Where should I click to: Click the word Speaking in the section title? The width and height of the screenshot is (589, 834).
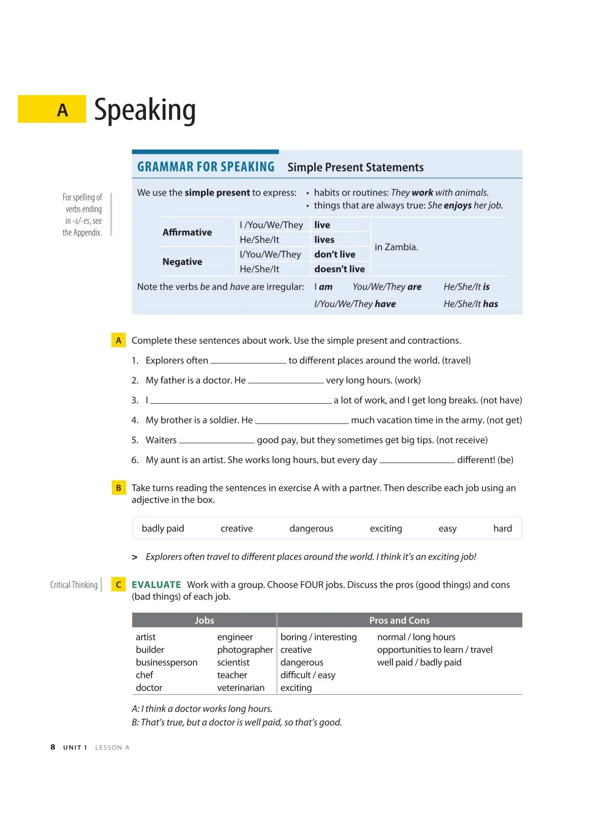(x=145, y=110)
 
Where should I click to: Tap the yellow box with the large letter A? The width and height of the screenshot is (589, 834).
(x=52, y=109)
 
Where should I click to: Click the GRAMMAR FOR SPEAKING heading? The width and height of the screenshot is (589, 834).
(x=205, y=167)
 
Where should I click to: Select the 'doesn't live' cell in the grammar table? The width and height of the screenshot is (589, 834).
(x=340, y=269)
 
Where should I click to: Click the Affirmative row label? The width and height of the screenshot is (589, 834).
(x=187, y=232)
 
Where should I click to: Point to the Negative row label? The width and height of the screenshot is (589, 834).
(x=182, y=262)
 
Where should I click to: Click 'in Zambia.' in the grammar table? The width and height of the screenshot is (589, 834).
(x=396, y=247)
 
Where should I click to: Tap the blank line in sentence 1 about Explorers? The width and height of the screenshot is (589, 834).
(x=248, y=361)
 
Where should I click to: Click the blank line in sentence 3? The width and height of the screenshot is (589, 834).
(x=241, y=401)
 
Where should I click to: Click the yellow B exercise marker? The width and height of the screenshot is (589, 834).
(x=118, y=488)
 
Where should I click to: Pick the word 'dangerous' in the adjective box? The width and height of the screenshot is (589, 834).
(x=311, y=528)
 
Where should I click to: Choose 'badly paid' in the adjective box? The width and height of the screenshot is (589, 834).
(x=162, y=528)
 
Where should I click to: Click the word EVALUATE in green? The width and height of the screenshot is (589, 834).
(x=156, y=585)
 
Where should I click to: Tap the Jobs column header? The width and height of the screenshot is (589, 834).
(x=204, y=621)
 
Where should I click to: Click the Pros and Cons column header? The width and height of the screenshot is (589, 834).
(x=399, y=621)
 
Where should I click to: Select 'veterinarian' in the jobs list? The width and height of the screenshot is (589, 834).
(x=241, y=688)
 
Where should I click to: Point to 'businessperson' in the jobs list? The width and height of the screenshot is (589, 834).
(x=166, y=663)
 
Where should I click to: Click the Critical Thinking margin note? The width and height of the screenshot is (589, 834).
(x=74, y=585)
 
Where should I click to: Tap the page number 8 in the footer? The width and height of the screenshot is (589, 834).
(x=53, y=747)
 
